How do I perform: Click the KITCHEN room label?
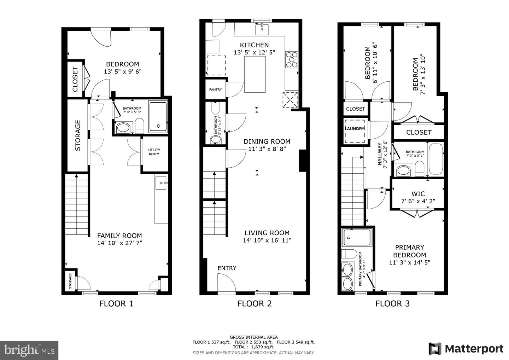tap(254, 45)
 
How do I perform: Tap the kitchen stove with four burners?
tap(292, 59)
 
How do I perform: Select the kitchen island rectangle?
tap(255, 74)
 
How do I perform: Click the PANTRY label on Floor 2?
tap(215, 89)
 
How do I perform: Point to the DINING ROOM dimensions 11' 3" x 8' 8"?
tap(267, 149)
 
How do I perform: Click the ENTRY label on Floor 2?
tap(227, 268)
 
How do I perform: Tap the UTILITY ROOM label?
tap(154, 152)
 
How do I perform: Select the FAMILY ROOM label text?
tap(119, 236)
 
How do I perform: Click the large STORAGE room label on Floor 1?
tap(78, 135)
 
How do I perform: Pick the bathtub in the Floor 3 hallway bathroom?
tap(435, 159)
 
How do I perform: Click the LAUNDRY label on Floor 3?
tap(355, 128)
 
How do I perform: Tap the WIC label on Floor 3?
tap(418, 194)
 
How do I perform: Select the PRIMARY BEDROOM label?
tap(409, 251)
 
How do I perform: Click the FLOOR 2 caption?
tap(255, 303)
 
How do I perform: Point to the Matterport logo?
tap(466, 349)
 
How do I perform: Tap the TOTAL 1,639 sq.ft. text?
tap(253, 347)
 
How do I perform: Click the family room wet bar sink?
tap(162, 183)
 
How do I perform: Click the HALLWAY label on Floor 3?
tap(380, 154)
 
